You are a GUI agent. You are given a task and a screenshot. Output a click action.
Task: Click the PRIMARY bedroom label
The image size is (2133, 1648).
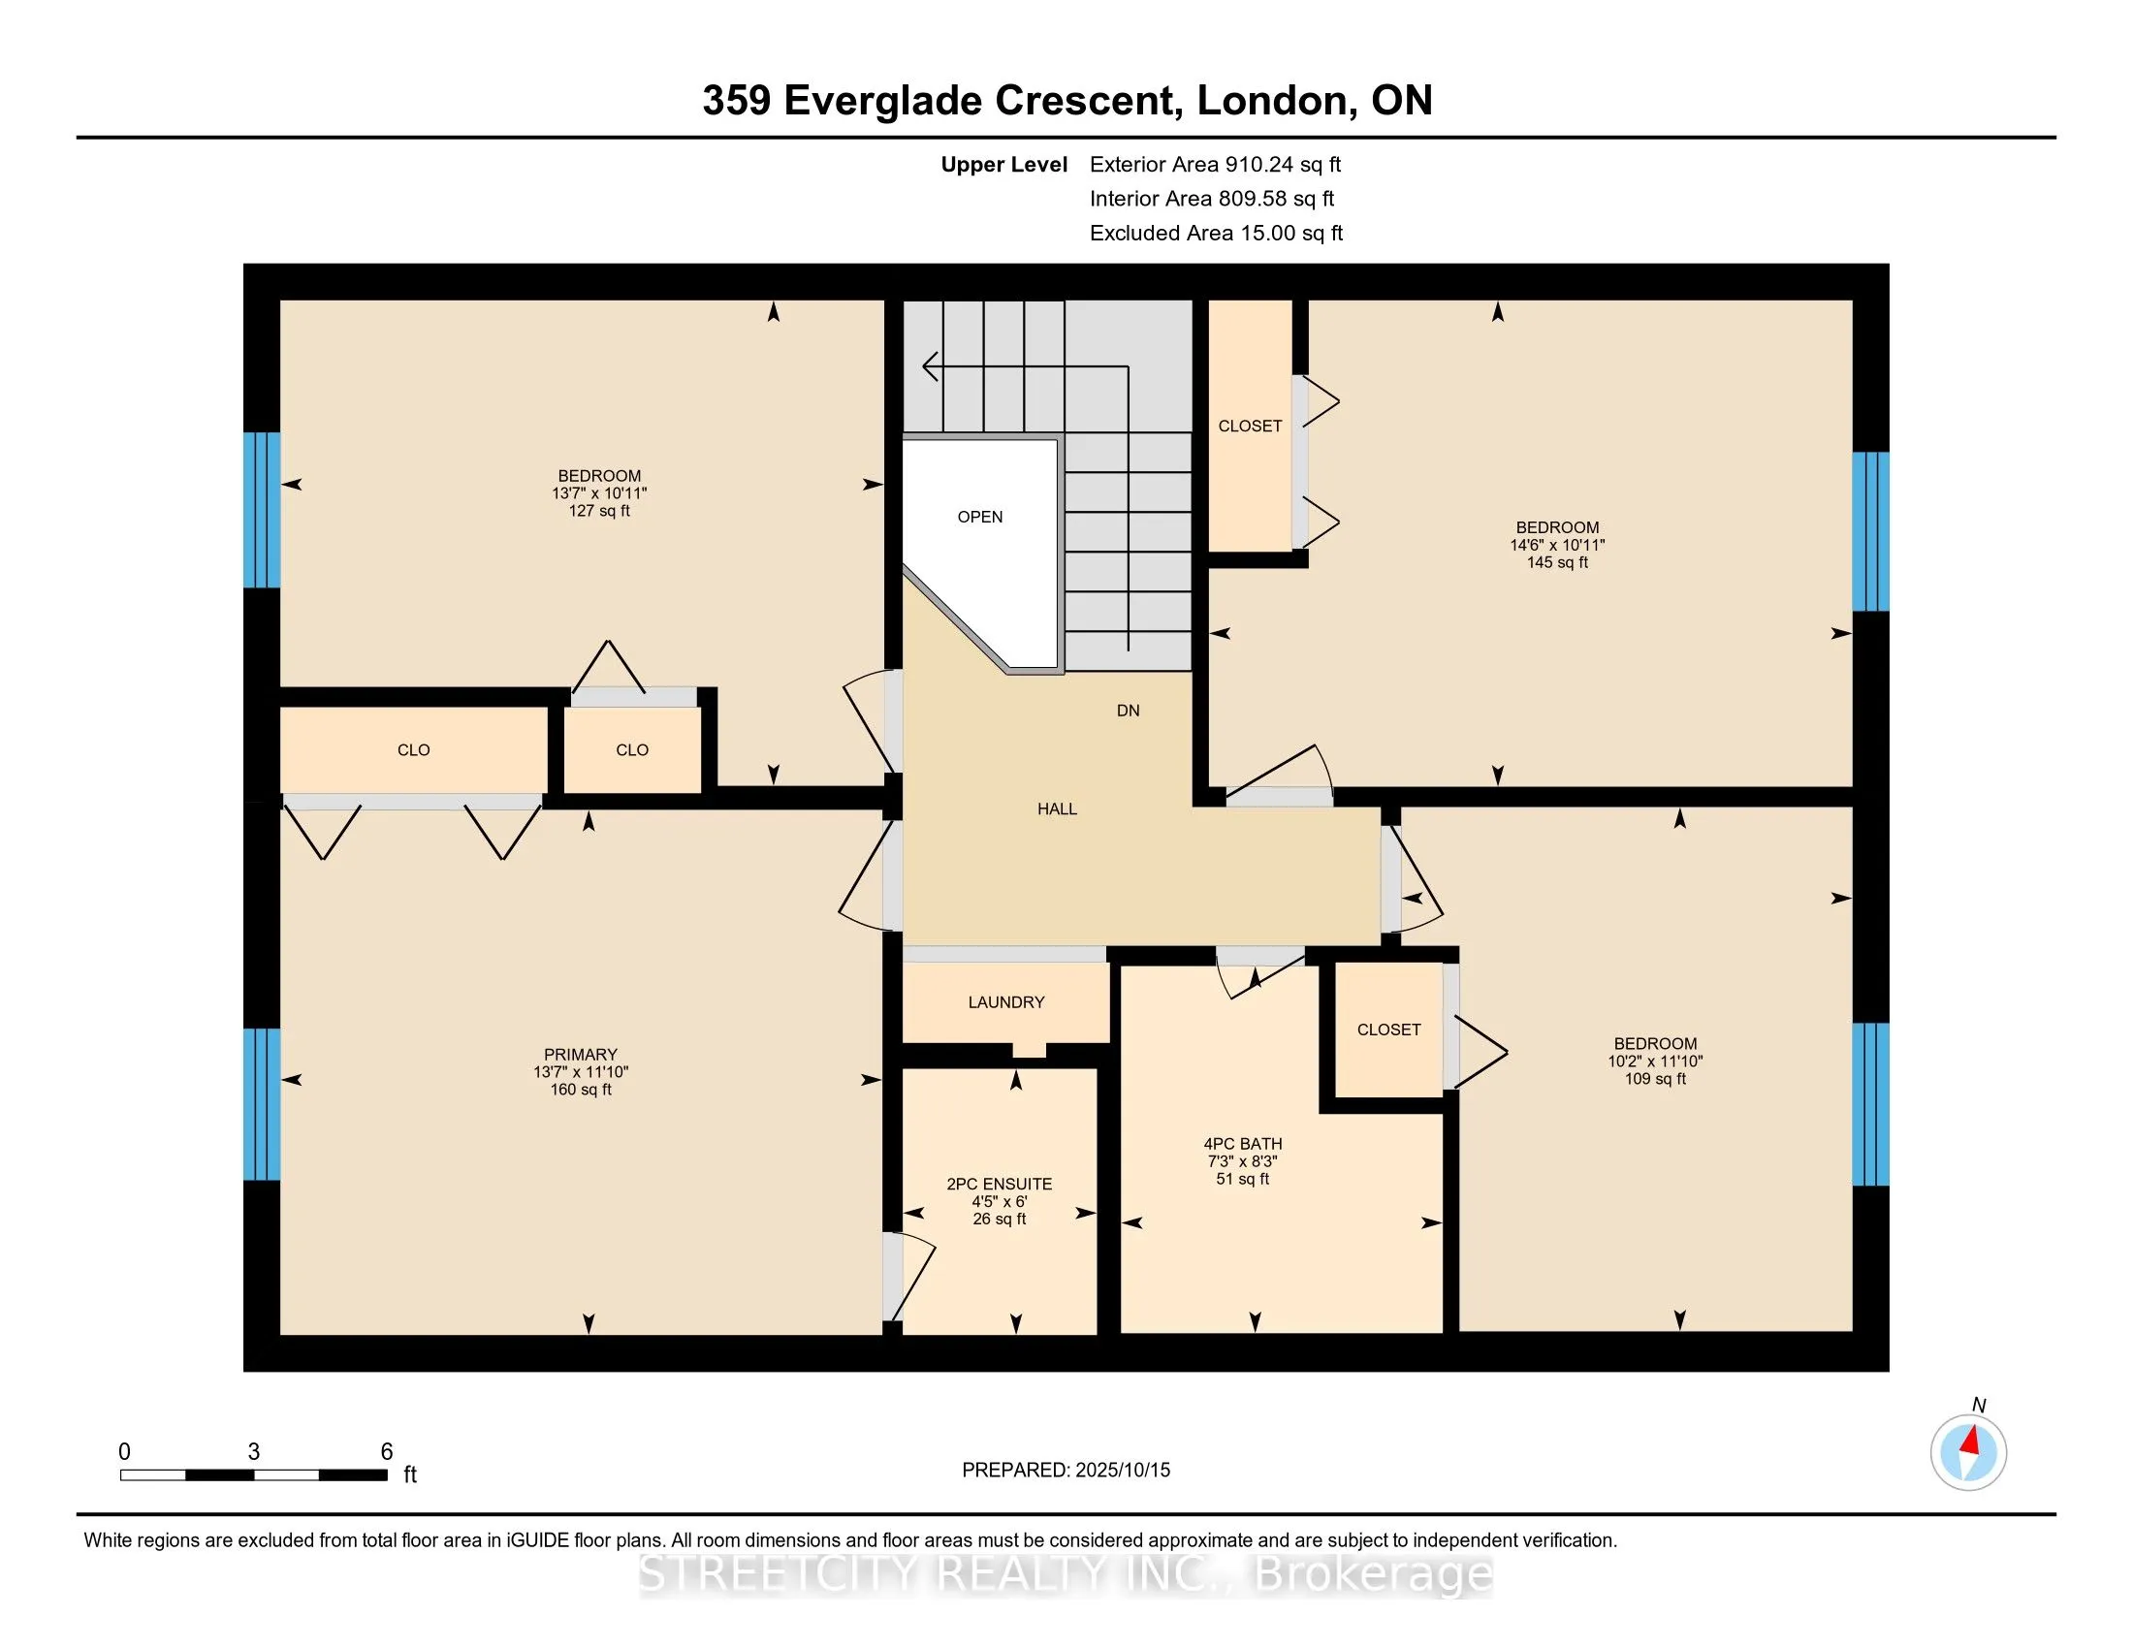(x=580, y=1055)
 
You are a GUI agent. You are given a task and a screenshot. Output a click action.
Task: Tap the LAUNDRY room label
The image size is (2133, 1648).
(x=1006, y=1001)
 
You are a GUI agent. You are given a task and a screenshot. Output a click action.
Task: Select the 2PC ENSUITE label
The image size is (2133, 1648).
(x=999, y=1184)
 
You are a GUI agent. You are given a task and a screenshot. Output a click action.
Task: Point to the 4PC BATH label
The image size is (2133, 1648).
(x=1242, y=1143)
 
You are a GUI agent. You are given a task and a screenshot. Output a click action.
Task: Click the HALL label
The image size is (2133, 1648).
(x=1057, y=808)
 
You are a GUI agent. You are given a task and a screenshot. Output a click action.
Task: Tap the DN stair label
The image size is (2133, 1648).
(x=1128, y=711)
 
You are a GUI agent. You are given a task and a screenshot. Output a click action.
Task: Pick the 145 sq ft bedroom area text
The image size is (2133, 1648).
(x=1557, y=562)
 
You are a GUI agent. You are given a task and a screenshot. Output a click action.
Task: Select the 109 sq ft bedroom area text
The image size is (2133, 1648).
(x=1654, y=1079)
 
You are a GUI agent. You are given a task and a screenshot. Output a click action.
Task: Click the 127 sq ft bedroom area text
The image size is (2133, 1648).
(x=598, y=511)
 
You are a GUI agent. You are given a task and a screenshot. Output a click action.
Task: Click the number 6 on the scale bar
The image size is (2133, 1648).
(x=387, y=1452)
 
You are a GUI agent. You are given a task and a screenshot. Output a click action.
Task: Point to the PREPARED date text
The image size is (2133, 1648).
(x=1066, y=1470)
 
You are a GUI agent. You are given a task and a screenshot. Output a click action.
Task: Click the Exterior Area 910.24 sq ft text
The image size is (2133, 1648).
(x=1215, y=164)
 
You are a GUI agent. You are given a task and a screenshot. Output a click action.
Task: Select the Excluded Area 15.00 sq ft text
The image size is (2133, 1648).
(x=1216, y=233)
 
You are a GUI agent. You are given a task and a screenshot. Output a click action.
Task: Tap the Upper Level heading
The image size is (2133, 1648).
(x=1004, y=164)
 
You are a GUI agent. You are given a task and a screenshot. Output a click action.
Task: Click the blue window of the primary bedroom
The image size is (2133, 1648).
(x=261, y=1103)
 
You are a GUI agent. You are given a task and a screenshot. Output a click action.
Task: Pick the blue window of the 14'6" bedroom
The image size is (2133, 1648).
(x=1870, y=531)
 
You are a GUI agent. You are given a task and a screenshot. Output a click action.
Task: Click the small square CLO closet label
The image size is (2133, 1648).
(x=632, y=749)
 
